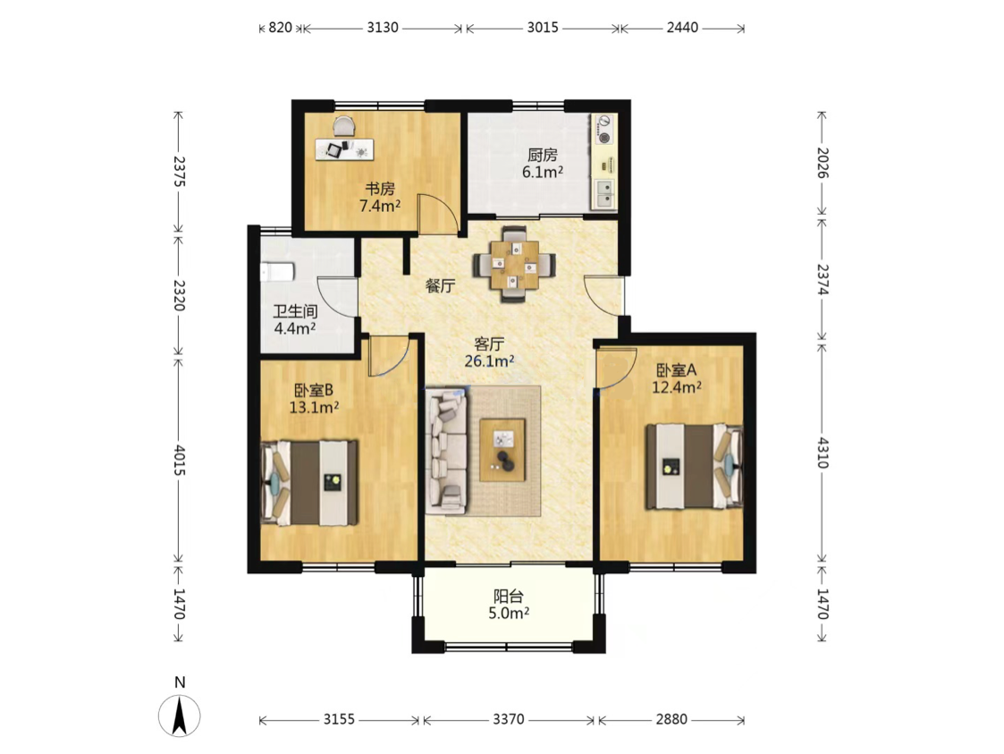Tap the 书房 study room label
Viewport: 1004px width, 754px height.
(x=380, y=189)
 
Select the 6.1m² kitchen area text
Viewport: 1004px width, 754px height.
(x=543, y=172)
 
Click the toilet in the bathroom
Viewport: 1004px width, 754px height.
(x=277, y=272)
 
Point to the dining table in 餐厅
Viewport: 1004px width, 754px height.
(x=514, y=264)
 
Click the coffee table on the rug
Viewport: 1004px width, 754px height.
(x=502, y=450)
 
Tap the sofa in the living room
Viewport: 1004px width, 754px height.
(x=447, y=451)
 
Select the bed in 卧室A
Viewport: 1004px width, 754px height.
(x=694, y=466)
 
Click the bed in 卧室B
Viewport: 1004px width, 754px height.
(x=309, y=482)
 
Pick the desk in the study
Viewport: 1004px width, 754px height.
(x=344, y=148)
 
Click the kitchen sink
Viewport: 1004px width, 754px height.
(x=603, y=194)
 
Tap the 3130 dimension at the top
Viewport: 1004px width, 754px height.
(x=383, y=28)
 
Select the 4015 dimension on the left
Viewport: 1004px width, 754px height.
(x=179, y=460)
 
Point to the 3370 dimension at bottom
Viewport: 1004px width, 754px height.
(x=509, y=719)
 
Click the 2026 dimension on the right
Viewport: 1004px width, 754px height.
(x=823, y=163)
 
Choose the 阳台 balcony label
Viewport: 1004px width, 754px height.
(x=509, y=597)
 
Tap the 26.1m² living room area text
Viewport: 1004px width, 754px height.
(x=490, y=361)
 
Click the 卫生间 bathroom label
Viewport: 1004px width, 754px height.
(x=295, y=312)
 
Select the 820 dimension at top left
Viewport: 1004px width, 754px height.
(x=280, y=28)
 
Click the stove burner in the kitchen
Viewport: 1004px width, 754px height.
(x=603, y=136)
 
